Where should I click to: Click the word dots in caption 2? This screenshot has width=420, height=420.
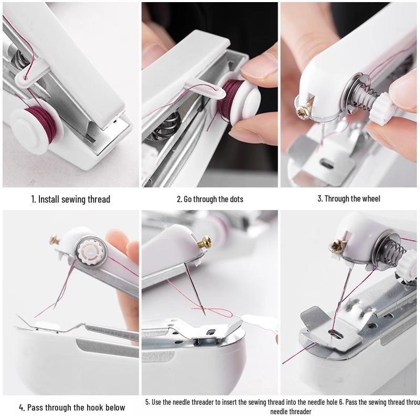[x=235, y=199]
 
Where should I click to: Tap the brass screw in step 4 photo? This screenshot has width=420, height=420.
[x=54, y=240]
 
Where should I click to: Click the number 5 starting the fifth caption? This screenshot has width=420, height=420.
[x=148, y=402]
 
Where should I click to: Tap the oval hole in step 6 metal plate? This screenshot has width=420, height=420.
[x=333, y=332]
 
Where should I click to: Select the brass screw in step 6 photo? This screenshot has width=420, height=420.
[x=334, y=245]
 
